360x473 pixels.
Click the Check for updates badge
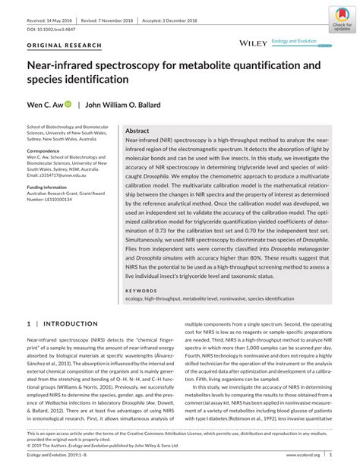click(x=342, y=17)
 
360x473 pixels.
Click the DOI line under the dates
click(x=52, y=28)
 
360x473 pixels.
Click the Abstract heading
click(x=137, y=131)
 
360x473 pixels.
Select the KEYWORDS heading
click(x=141, y=290)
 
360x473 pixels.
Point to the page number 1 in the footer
click(x=330, y=455)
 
